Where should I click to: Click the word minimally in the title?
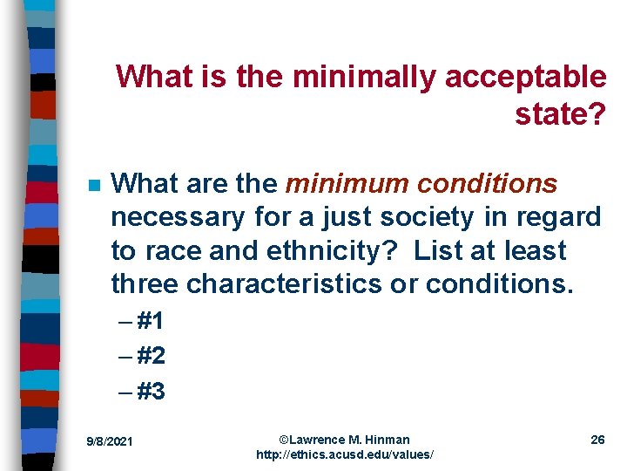[x=366, y=77]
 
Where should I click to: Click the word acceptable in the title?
[x=526, y=77]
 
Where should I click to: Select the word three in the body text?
[x=145, y=284]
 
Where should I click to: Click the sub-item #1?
[x=150, y=322]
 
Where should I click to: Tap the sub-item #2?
[x=150, y=357]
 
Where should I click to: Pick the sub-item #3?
[x=150, y=392]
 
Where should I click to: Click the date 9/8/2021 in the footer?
[x=109, y=442]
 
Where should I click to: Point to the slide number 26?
[x=597, y=440]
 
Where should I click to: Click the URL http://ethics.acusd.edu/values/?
[x=345, y=455]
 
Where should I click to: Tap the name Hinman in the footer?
[x=388, y=439]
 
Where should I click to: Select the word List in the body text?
[x=438, y=251]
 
